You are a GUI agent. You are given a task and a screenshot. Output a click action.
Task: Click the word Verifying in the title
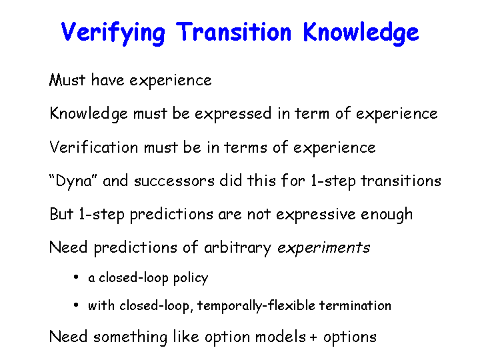(113, 33)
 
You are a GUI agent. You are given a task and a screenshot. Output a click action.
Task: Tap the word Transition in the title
(233, 31)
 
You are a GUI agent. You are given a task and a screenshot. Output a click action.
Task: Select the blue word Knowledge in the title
(361, 33)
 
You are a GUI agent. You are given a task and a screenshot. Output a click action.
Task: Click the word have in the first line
(107, 80)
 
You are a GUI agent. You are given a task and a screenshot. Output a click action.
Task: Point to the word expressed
(233, 114)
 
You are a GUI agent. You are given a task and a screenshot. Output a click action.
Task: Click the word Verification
(94, 147)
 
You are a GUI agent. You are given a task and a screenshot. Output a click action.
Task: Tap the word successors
(174, 181)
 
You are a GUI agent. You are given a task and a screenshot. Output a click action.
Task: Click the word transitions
(401, 181)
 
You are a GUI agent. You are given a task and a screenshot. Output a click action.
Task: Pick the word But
(61, 214)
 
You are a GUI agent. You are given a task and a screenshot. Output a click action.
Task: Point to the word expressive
(315, 215)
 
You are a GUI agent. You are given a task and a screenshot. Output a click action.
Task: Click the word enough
(387, 215)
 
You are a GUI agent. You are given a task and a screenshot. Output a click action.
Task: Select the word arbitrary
(237, 247)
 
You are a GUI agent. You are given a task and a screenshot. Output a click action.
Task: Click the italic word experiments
(323, 248)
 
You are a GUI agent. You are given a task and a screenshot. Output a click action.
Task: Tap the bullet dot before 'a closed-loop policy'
(76, 277)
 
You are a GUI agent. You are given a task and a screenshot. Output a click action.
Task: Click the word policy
(191, 279)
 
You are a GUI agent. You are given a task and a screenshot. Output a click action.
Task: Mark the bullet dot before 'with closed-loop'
(76, 305)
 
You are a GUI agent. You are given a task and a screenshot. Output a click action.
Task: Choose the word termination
(355, 305)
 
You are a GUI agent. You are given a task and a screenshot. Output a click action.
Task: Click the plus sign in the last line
(313, 337)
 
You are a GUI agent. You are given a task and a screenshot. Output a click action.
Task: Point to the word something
(131, 337)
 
